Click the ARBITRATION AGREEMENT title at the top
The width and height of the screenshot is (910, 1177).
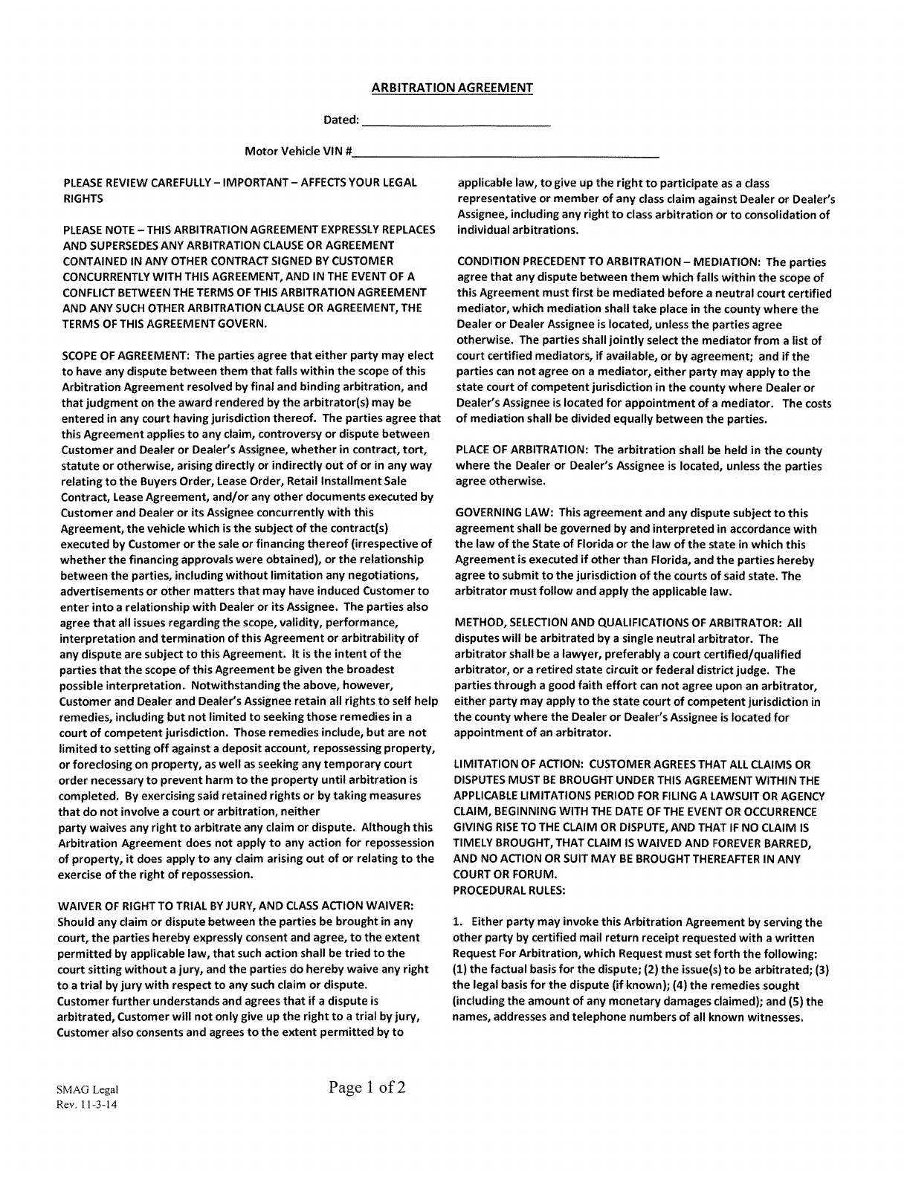(452, 88)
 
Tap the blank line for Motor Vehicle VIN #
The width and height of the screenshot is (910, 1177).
(506, 155)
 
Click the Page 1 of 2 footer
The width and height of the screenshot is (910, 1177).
(367, 1089)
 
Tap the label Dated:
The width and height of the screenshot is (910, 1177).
(341, 120)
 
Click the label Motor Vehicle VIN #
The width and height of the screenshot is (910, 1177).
(298, 152)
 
